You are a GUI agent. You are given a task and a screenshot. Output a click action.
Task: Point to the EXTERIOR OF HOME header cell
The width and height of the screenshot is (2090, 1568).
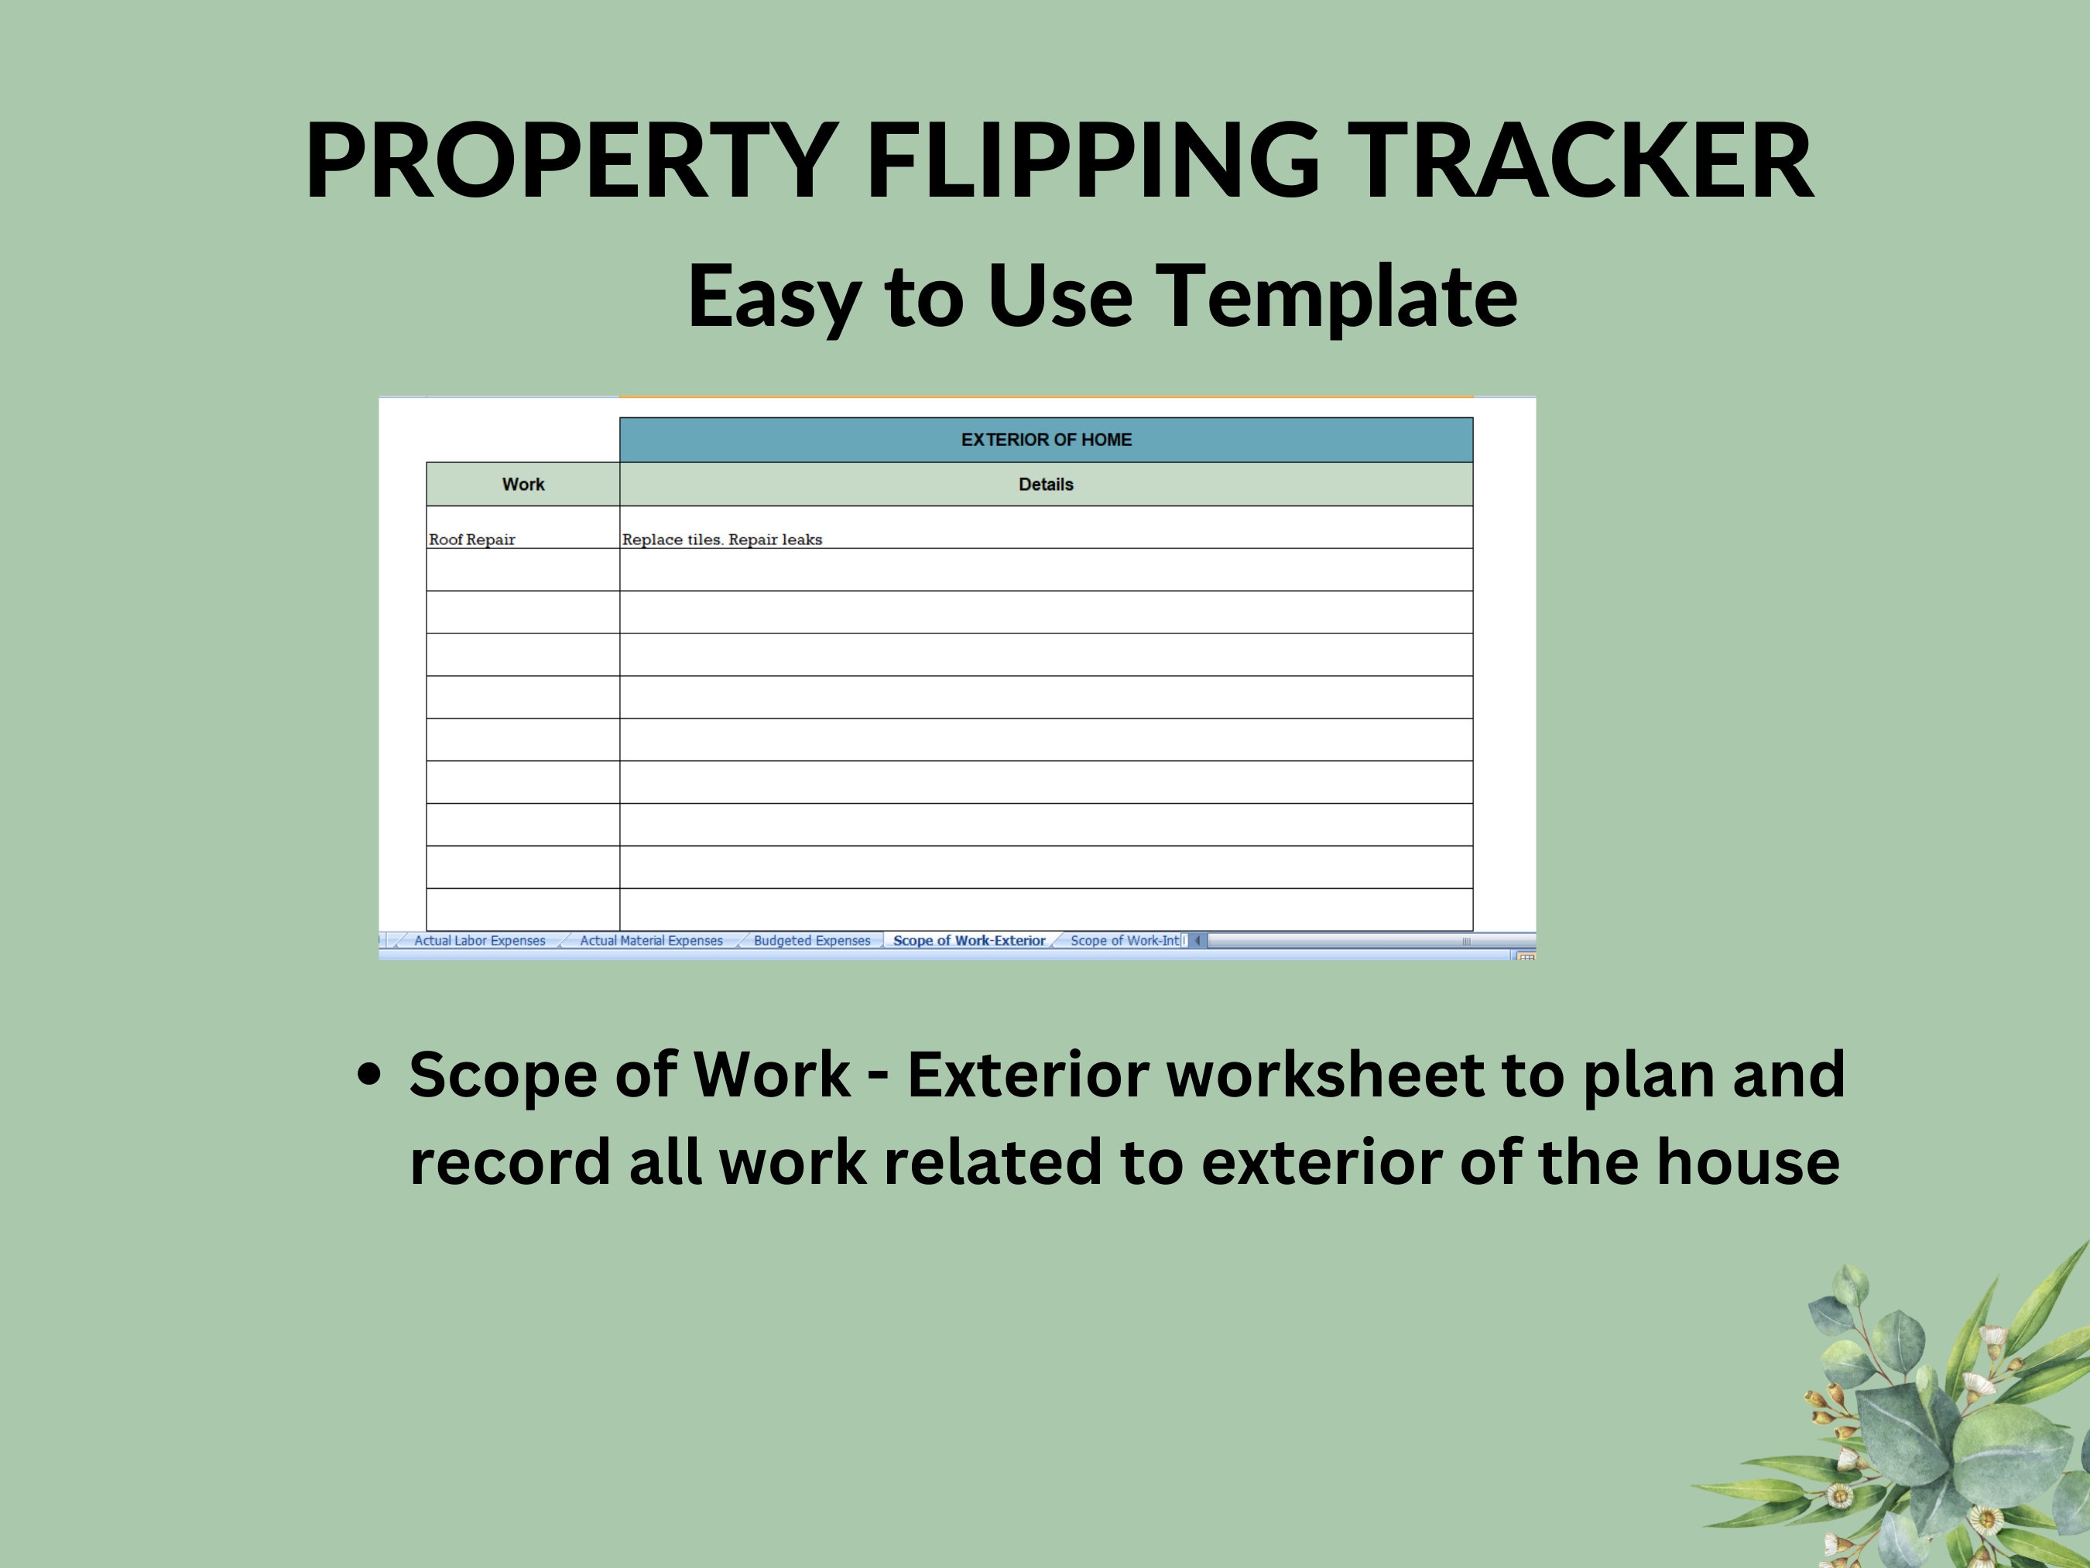1046,440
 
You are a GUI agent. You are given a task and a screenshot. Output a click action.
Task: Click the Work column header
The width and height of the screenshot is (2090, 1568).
522,484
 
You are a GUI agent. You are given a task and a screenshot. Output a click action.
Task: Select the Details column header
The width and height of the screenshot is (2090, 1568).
1046,484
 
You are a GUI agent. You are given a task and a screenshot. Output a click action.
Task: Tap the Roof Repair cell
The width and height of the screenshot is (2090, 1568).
472,540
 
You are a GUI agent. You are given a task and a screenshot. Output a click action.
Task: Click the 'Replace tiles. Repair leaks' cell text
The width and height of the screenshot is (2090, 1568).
722,540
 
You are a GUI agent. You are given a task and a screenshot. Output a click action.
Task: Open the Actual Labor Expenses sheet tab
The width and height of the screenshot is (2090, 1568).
479,941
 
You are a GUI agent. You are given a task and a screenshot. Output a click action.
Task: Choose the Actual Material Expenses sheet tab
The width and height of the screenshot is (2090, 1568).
651,941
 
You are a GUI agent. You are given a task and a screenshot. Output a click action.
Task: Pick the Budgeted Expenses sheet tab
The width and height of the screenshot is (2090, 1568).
812,941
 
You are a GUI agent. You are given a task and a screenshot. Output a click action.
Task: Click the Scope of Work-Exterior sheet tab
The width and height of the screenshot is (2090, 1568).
969,941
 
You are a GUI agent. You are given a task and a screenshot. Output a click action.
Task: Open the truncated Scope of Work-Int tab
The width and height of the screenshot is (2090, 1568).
1125,941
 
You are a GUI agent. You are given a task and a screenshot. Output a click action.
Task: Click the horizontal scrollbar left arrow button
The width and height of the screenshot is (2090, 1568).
1197,941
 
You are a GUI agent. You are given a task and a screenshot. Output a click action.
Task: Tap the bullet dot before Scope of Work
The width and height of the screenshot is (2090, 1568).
370,1075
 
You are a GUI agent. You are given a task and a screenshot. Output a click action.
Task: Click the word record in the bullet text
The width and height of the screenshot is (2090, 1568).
509,1161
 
